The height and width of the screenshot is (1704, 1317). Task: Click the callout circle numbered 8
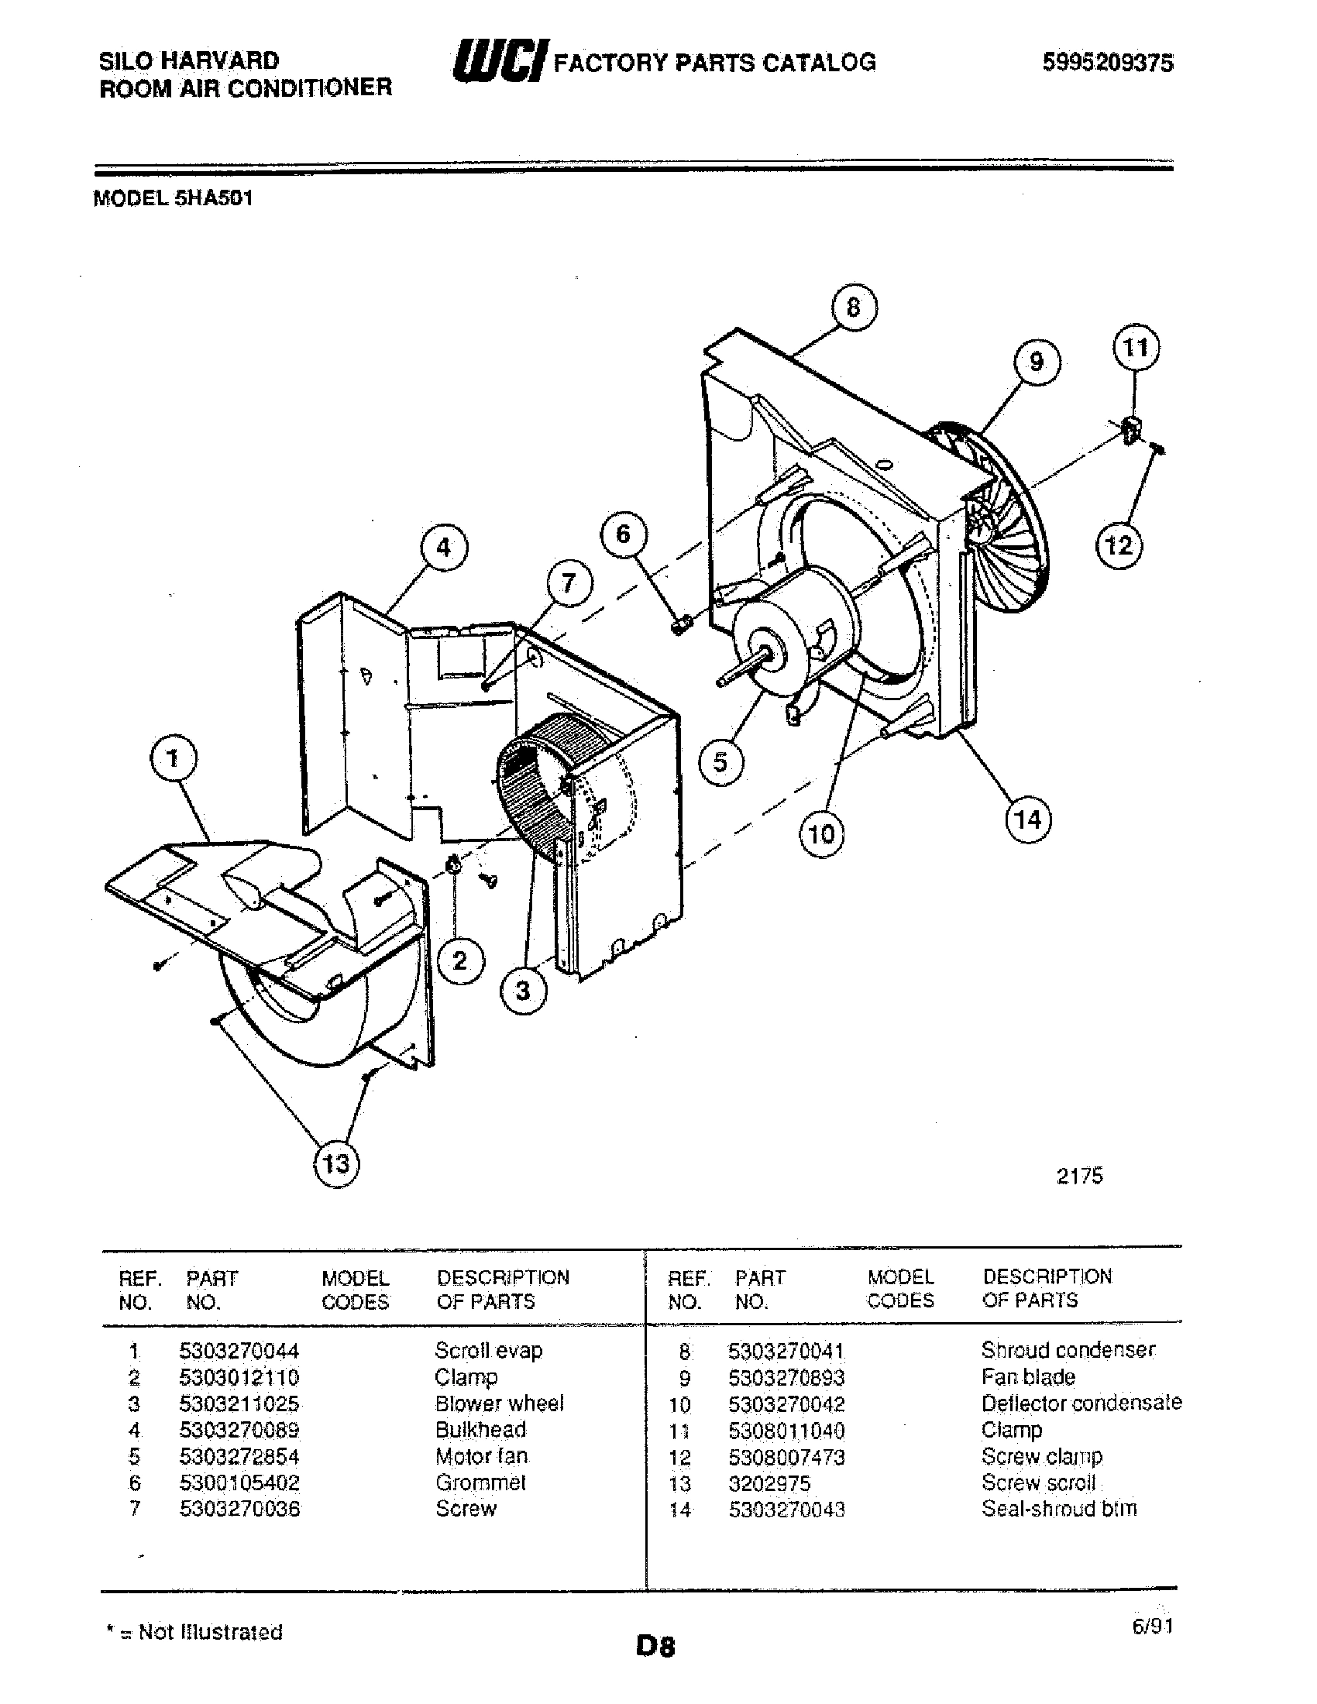point(853,307)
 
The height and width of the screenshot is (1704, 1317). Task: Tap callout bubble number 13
point(336,1164)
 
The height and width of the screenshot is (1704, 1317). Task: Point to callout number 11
point(1135,347)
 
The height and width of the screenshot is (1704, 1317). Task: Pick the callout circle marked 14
point(1027,819)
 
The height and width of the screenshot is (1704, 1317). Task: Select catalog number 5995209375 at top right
point(1107,64)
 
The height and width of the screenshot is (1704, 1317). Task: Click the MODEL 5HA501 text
point(174,198)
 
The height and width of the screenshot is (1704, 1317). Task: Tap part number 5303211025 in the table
point(239,1404)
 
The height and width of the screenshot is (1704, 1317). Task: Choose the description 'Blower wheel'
point(499,1403)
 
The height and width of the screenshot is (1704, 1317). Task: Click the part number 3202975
point(769,1483)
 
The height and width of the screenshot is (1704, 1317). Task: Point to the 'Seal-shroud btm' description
point(1059,1508)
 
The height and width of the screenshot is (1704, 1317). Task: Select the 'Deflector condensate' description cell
point(1081,1403)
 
